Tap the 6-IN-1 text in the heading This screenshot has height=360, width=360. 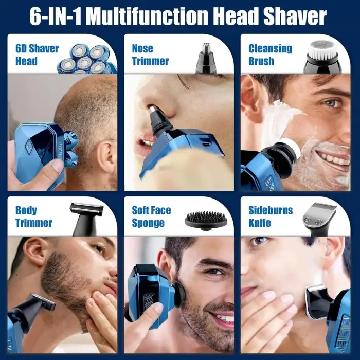[x=56, y=17]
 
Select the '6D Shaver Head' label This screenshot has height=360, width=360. [x=37, y=55]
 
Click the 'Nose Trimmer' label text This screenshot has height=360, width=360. [x=150, y=55]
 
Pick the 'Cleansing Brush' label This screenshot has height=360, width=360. [x=270, y=55]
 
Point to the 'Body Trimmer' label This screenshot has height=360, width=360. [x=33, y=217]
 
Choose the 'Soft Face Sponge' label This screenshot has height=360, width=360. [x=151, y=217]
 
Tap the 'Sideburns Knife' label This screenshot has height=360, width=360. [x=271, y=217]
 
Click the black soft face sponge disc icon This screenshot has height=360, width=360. [x=206, y=221]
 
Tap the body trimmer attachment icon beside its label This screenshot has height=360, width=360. [x=86, y=219]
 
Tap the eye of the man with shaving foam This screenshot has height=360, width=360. [x=331, y=103]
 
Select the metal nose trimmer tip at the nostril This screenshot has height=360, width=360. [x=152, y=110]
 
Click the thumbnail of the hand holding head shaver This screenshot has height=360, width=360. [x=58, y=165]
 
